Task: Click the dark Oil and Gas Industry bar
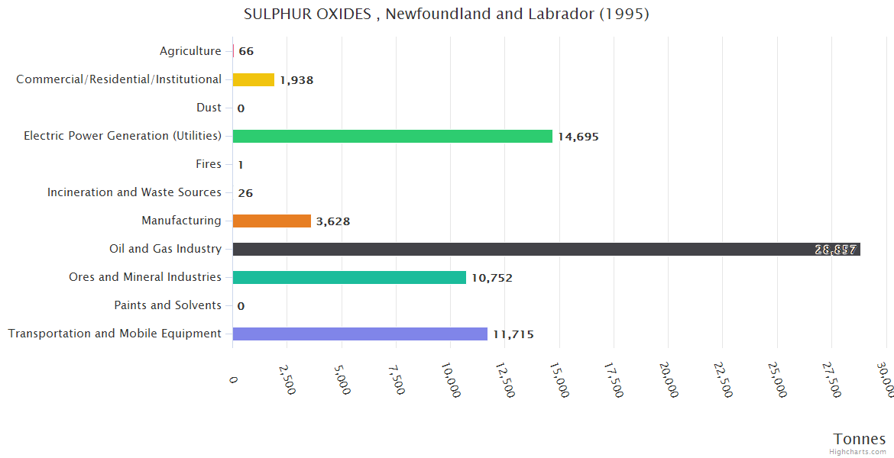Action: pyautogui.click(x=546, y=250)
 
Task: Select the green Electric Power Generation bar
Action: pyautogui.click(x=392, y=137)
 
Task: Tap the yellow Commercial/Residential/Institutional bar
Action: pyautogui.click(x=253, y=80)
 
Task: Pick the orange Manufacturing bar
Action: pyautogui.click(x=271, y=221)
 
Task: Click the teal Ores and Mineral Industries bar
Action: pyautogui.click(x=349, y=278)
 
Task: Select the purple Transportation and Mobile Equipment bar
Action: pyautogui.click(x=360, y=334)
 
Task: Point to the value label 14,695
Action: pyautogui.click(x=578, y=137)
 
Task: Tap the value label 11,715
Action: pyautogui.click(x=513, y=334)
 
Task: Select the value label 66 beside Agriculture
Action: pyautogui.click(x=246, y=52)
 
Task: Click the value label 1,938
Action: pyautogui.click(x=296, y=80)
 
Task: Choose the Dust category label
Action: pyautogui.click(x=209, y=108)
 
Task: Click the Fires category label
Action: pyautogui.click(x=209, y=164)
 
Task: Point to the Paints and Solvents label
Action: pyautogui.click(x=168, y=305)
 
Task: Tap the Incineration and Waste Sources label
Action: pyautogui.click(x=134, y=192)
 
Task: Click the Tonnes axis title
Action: pyautogui.click(x=860, y=439)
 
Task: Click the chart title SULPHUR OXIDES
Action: pyautogui.click(x=446, y=15)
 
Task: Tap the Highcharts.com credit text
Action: pyautogui.click(x=858, y=452)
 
